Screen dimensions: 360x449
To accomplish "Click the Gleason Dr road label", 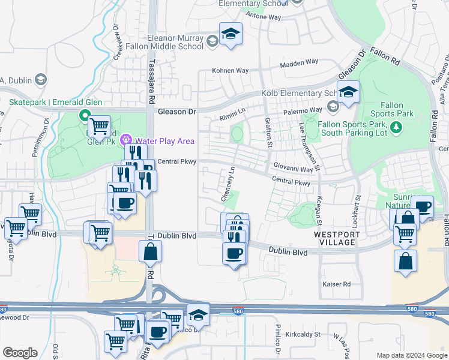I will click(177, 112).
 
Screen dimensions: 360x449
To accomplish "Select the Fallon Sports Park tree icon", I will click(396, 127).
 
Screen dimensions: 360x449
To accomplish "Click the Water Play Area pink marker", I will click(127, 140).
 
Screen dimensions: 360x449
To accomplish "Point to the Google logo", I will click(20, 353).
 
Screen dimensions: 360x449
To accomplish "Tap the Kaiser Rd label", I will click(336, 284).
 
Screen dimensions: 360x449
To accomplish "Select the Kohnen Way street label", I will click(230, 70).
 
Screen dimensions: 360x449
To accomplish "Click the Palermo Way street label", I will click(300, 111).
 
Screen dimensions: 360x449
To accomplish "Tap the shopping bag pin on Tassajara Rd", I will click(150, 252).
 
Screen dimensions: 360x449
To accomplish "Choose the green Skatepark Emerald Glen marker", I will click(85, 116).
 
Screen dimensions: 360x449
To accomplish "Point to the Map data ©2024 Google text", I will click(412, 355).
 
